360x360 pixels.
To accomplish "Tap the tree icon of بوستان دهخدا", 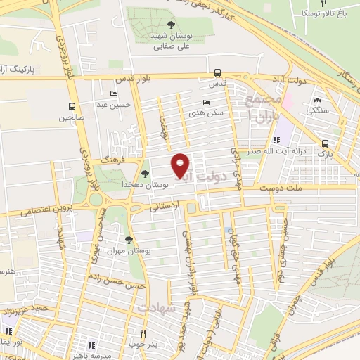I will point(145,174).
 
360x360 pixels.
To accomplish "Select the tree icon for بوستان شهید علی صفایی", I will point(170,25).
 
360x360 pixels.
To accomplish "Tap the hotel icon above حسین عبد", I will point(113,94).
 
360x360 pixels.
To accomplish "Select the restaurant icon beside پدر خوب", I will point(143,333).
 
